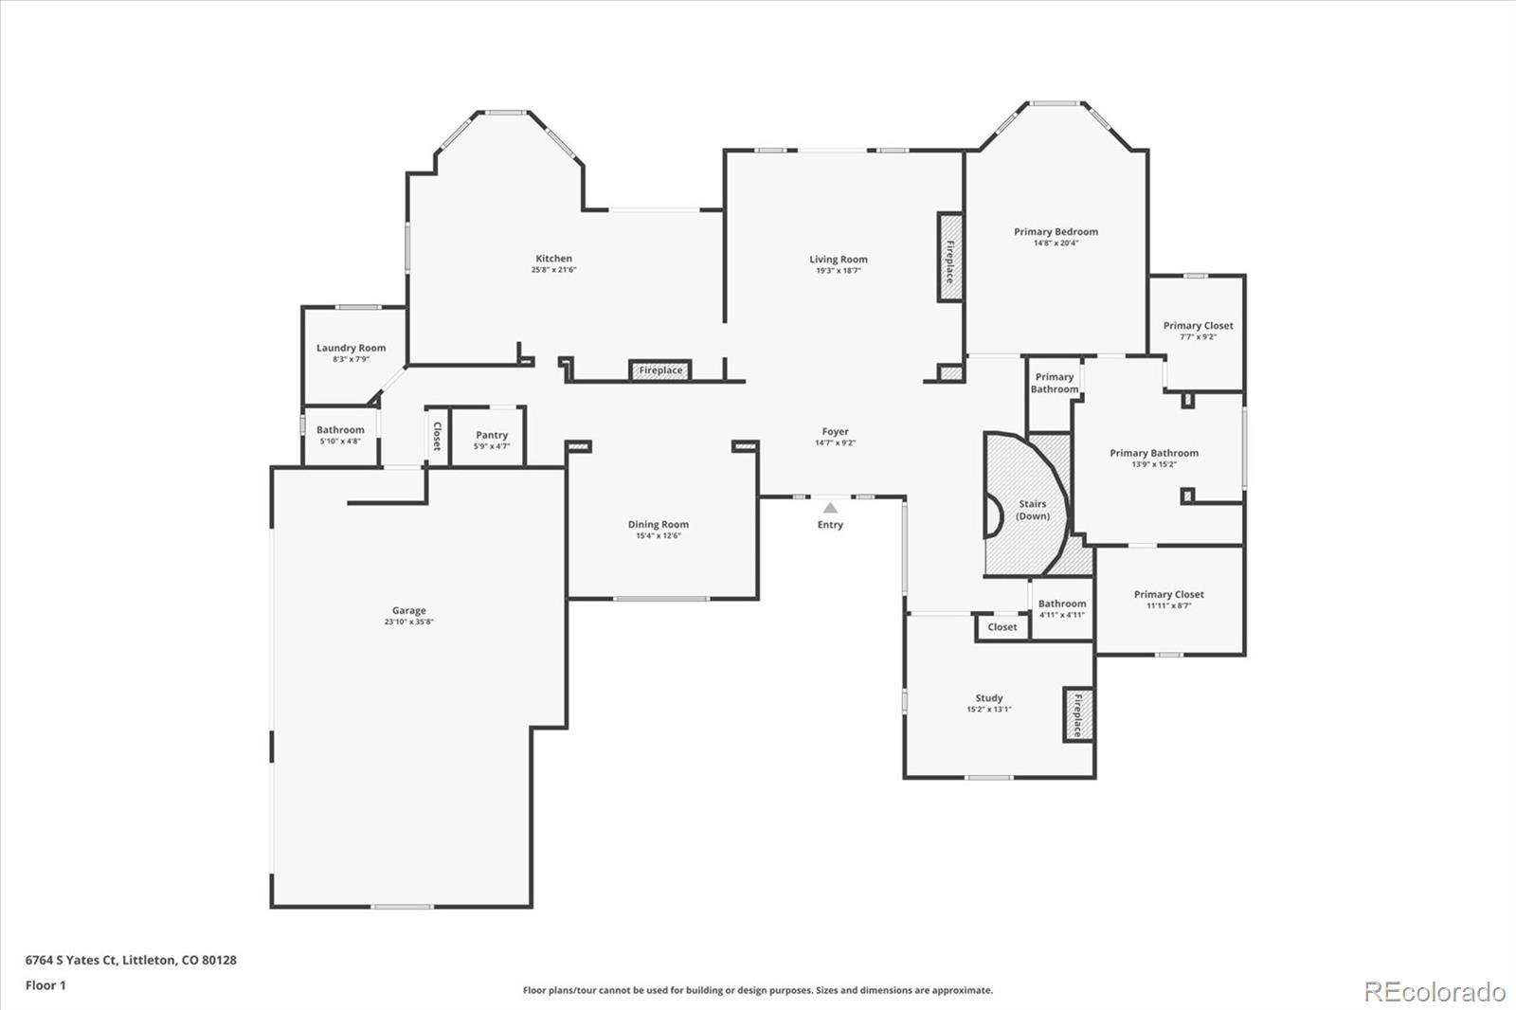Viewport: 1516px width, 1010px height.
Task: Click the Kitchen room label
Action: [x=553, y=259]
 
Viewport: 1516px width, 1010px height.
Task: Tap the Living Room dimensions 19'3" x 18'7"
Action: [x=838, y=271]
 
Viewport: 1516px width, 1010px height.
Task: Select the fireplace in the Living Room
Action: [x=949, y=258]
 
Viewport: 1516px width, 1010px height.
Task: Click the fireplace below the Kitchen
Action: [x=660, y=370]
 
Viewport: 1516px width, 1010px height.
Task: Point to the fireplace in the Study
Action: [x=1077, y=714]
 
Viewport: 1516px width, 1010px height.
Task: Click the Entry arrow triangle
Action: [x=830, y=508]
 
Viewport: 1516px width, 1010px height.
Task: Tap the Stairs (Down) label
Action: [x=1032, y=510]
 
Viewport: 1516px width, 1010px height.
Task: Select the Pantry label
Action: [x=492, y=435]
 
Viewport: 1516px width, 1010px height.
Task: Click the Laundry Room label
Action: [x=351, y=348]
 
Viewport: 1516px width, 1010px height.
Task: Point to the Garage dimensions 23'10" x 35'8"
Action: [x=409, y=622]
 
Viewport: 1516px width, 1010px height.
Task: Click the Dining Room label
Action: [x=658, y=524]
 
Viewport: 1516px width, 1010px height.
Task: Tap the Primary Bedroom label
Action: [x=1056, y=231]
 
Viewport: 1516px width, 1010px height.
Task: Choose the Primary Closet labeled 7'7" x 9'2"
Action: [x=1198, y=326]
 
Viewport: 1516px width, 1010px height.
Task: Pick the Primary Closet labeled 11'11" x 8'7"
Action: [x=1168, y=595]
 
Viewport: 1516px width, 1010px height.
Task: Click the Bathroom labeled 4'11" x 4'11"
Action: [x=1061, y=604]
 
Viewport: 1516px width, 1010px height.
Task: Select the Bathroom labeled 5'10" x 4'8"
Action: [x=340, y=430]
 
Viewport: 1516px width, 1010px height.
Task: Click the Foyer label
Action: [x=835, y=432]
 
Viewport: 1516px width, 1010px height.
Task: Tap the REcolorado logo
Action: [x=1434, y=992]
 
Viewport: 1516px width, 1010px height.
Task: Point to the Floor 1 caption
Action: [x=45, y=985]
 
